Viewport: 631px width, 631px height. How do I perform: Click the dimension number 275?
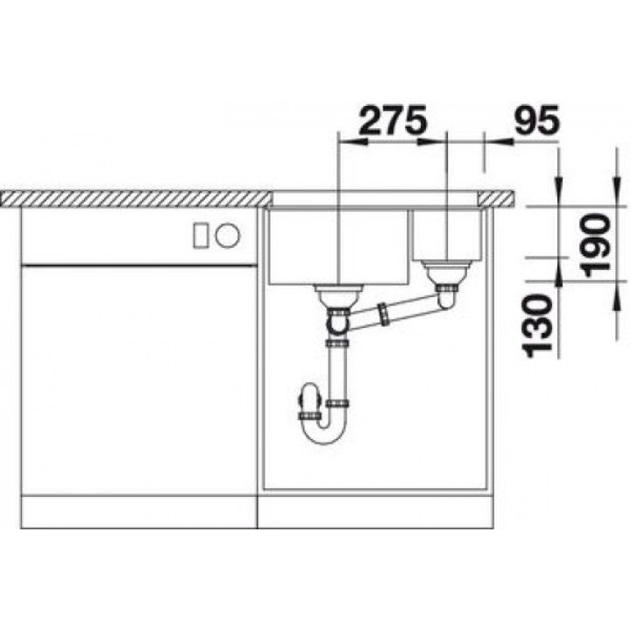click(392, 119)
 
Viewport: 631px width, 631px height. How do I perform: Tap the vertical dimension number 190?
click(597, 246)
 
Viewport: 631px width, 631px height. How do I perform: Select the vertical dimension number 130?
click(536, 326)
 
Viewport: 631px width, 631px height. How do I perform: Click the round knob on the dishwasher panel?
click(227, 235)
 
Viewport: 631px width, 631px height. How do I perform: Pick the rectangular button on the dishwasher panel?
click(201, 235)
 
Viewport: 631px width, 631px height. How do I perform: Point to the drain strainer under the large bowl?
click(338, 296)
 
